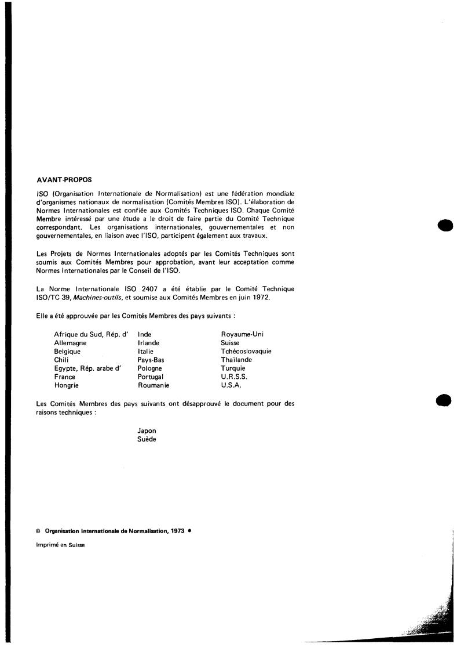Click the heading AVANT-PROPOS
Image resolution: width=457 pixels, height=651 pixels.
pyautogui.click(x=64, y=179)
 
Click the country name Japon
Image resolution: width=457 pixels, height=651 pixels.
pyautogui.click(x=147, y=431)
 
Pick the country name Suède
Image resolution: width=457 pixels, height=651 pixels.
pyautogui.click(x=147, y=439)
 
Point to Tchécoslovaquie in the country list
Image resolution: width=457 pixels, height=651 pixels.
pyautogui.click(x=246, y=351)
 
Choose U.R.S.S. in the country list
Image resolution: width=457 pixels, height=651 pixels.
pyautogui.click(x=234, y=377)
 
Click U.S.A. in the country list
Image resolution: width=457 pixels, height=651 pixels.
pyautogui.click(x=231, y=385)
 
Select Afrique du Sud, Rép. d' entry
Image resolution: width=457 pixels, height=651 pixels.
pyautogui.click(x=90, y=334)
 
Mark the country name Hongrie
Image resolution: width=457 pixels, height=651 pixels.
pyautogui.click(x=67, y=385)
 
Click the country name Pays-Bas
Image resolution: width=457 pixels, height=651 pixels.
pyautogui.click(x=151, y=360)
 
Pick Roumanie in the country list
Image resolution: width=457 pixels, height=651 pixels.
pyautogui.click(x=153, y=385)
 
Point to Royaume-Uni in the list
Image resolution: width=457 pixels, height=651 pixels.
pyautogui.click(x=242, y=334)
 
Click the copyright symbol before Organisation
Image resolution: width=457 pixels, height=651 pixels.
pyautogui.click(x=38, y=531)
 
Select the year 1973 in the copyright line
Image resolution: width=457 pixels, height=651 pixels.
pyautogui.click(x=178, y=530)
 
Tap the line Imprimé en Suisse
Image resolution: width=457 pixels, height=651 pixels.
pyautogui.click(x=60, y=544)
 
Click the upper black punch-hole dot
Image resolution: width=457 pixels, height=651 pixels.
pyautogui.click(x=445, y=225)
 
